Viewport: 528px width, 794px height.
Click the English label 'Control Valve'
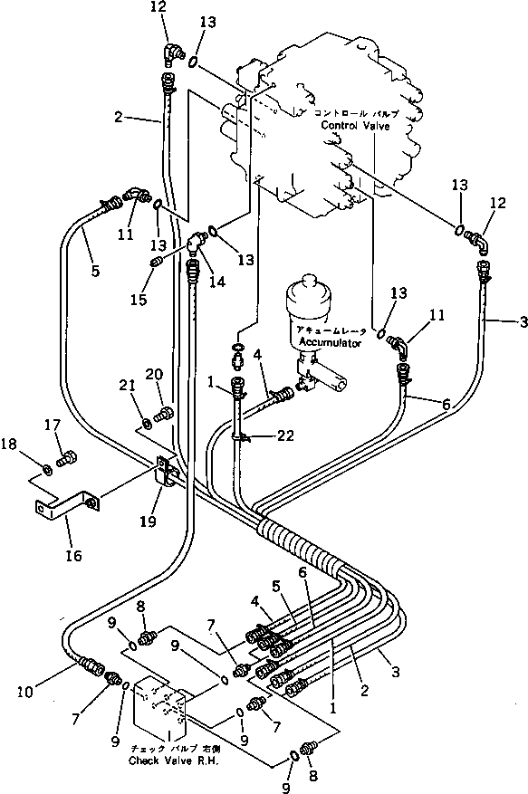tap(356, 127)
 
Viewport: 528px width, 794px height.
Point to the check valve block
tap(161, 715)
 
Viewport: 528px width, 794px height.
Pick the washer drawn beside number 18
tap(43, 470)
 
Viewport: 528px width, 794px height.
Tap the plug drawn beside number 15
tap(155, 263)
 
